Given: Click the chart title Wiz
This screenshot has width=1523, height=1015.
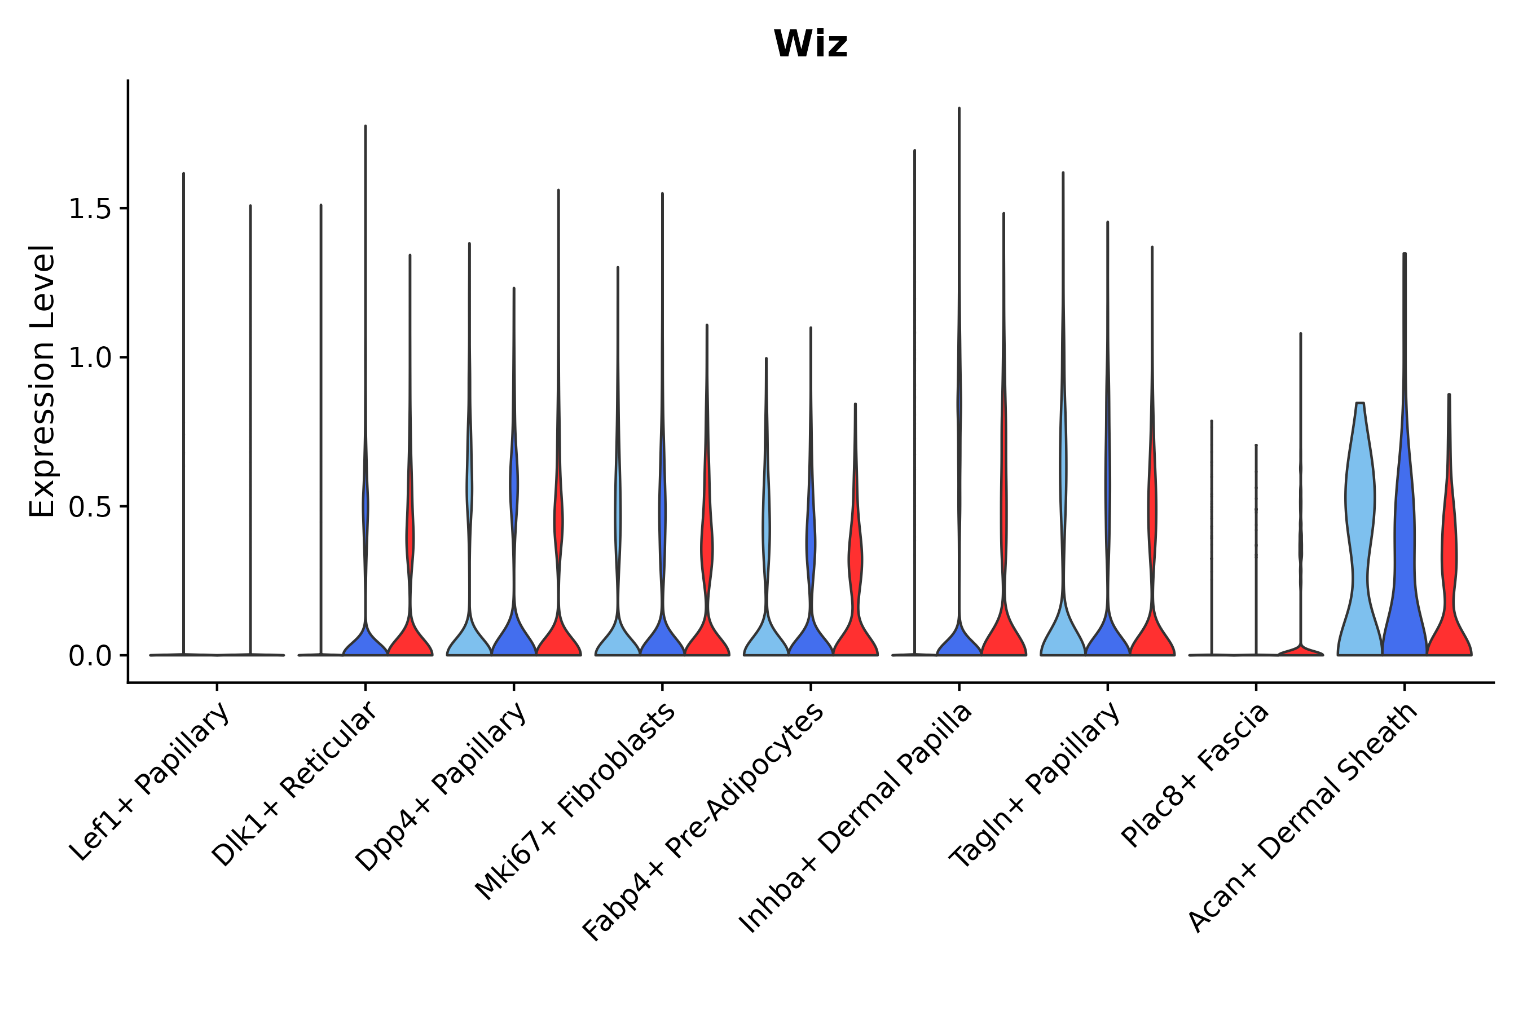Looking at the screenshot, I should [x=810, y=45].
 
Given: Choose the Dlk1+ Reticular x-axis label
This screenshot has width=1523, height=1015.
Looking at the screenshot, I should [x=294, y=784].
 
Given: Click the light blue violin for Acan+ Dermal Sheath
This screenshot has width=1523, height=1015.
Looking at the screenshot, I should [x=1361, y=518].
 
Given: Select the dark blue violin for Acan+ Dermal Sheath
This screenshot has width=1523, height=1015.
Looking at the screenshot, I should [x=1404, y=550].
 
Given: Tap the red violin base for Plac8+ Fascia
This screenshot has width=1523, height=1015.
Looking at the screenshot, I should [x=1300, y=651].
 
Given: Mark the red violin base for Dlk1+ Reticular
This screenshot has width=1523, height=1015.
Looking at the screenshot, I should [x=410, y=641].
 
